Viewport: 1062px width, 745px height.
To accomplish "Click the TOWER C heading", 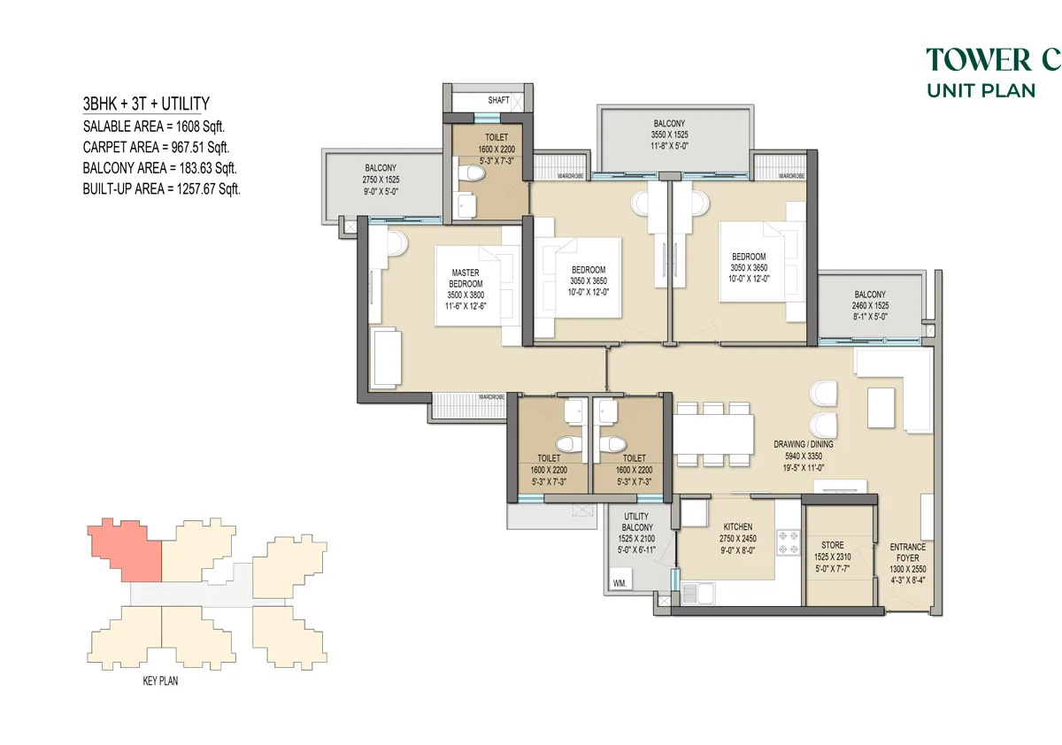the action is (x=994, y=59).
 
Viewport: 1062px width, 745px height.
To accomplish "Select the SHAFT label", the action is (x=498, y=101).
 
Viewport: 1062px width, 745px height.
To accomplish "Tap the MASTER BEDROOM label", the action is (x=466, y=278).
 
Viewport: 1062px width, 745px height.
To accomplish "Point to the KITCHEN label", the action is (x=738, y=526).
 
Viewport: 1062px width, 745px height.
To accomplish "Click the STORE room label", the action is (x=833, y=545).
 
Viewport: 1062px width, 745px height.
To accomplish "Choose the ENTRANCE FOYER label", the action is (x=908, y=553).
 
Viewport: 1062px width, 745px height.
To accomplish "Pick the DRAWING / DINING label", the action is (x=804, y=444).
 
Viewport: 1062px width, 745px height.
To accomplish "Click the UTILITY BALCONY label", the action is (x=636, y=522).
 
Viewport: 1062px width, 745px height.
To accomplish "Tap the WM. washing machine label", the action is (x=619, y=583).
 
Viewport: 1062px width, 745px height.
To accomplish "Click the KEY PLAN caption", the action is (x=160, y=681).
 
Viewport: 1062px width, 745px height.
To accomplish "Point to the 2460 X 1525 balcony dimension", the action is (x=871, y=305).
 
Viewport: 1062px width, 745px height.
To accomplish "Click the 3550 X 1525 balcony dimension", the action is (x=669, y=134).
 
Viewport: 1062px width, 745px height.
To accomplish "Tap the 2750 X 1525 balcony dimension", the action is (x=381, y=180).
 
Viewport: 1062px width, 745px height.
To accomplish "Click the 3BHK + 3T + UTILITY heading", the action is (x=146, y=104).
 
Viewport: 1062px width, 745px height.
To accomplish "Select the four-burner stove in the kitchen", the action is (x=788, y=542).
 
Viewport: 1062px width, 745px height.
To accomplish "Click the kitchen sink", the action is (x=698, y=594).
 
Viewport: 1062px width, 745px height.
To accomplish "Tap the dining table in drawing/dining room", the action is (x=713, y=434).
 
